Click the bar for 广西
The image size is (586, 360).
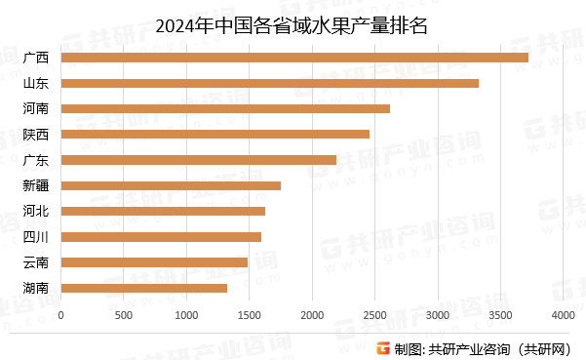click(x=294, y=58)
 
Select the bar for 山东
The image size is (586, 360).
click(x=270, y=83)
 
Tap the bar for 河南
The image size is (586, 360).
click(x=225, y=108)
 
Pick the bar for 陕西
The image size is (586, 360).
click(x=215, y=134)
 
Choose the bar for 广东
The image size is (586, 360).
click(x=199, y=160)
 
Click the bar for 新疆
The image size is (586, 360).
click(x=171, y=185)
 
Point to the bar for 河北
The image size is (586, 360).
click(x=163, y=211)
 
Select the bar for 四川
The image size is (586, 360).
click(x=161, y=236)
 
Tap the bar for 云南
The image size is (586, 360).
click(x=154, y=262)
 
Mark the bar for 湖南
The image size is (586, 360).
click(x=144, y=288)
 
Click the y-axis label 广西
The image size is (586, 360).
click(x=35, y=58)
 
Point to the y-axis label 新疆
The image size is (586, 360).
click(x=35, y=185)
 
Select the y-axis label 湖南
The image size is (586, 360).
click(x=35, y=288)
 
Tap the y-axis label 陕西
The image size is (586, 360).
click(x=35, y=134)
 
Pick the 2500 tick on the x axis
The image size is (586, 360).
click(x=374, y=315)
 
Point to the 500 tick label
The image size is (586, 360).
click(x=124, y=315)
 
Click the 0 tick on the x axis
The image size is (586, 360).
click(x=61, y=315)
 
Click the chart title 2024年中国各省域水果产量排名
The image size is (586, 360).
click(x=293, y=23)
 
